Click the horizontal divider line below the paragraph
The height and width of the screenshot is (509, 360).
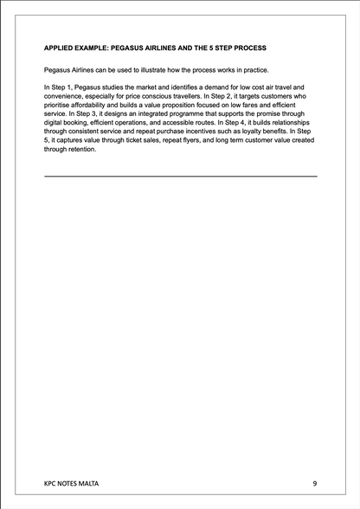(180, 176)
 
